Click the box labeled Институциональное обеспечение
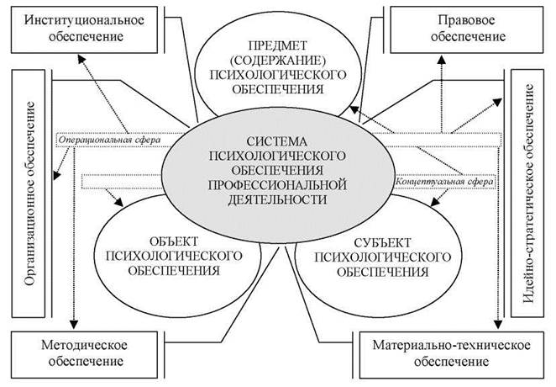click(x=84, y=29)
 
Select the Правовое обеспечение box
click(x=467, y=29)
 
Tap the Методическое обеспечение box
click(x=84, y=355)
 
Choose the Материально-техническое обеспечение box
click(x=451, y=355)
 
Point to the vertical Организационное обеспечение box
click(x=29, y=193)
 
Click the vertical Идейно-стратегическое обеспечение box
click(x=527, y=193)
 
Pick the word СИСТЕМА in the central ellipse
click(x=277, y=141)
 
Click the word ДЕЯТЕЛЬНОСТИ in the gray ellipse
click(x=277, y=199)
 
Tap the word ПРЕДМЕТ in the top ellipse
click(x=278, y=45)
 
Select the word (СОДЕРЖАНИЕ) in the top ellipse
click(x=278, y=61)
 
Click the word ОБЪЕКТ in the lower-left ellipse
click(x=174, y=241)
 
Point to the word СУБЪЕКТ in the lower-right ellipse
click(x=382, y=243)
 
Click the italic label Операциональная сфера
click(x=109, y=140)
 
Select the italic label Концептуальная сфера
click(x=444, y=182)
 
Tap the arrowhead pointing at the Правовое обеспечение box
click(x=441, y=60)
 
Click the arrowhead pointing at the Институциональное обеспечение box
click(x=82, y=59)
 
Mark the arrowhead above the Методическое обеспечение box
click(x=73, y=324)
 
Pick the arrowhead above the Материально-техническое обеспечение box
click(x=498, y=324)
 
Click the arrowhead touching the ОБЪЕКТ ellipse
click(x=118, y=202)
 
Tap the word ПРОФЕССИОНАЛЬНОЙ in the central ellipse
click(x=277, y=185)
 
